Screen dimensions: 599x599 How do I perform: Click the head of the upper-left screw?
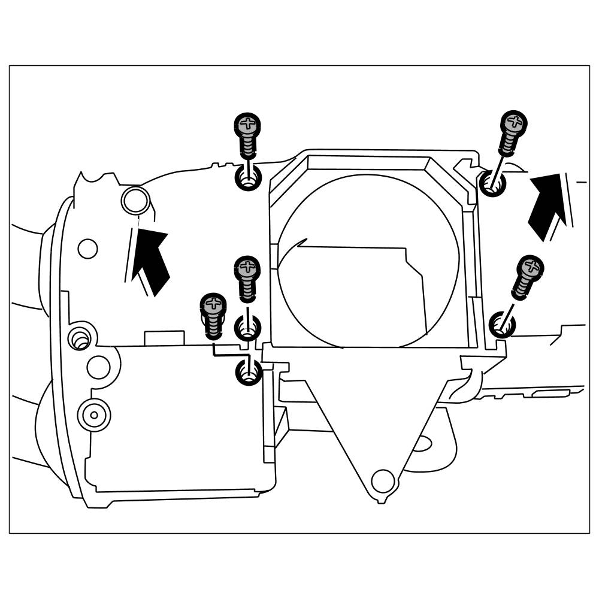(x=247, y=125)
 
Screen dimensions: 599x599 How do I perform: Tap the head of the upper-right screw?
(x=513, y=123)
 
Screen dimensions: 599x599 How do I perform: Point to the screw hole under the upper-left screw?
(x=247, y=179)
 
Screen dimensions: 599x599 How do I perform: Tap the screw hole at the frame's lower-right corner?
(x=502, y=325)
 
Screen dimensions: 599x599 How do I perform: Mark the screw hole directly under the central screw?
(x=247, y=326)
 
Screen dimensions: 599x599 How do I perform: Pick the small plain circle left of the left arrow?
(x=87, y=248)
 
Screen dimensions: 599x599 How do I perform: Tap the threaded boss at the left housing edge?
(x=78, y=338)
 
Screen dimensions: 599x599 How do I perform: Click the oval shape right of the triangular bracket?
(x=423, y=443)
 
